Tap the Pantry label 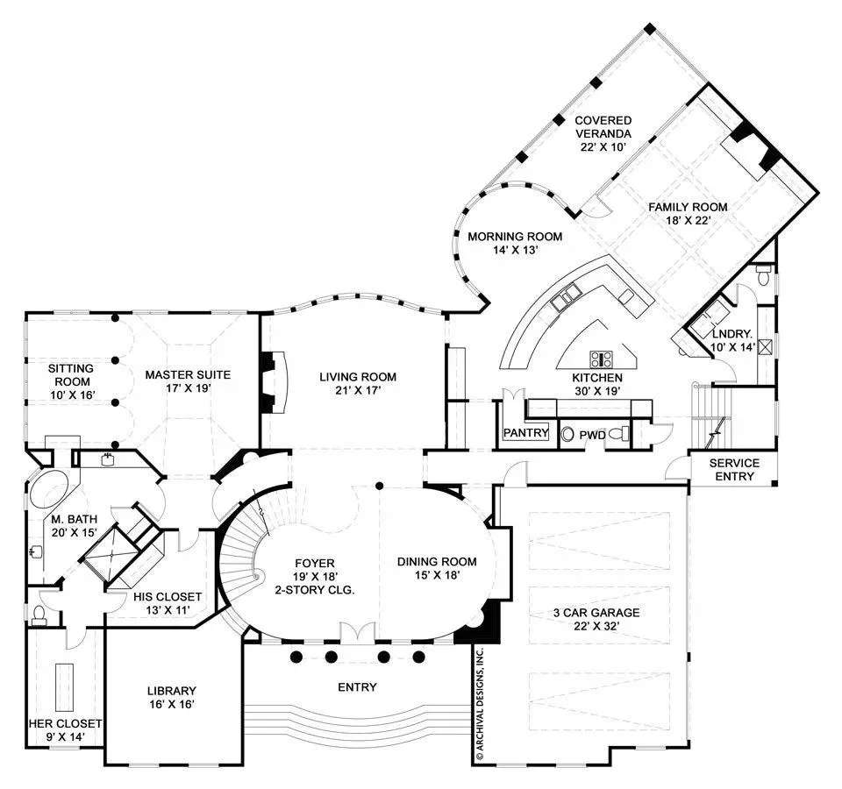coord(525,432)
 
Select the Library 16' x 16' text coord(171,697)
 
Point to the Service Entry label coord(734,470)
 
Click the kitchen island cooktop coord(602,359)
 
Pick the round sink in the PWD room coord(567,434)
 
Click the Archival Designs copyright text coord(480,704)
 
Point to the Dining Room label coord(437,568)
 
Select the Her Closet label coord(65,730)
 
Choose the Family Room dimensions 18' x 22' coord(688,220)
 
